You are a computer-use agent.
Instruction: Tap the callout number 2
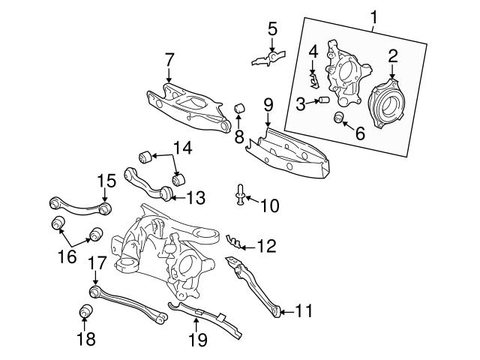pos(391,55)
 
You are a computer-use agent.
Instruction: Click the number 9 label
pos(268,103)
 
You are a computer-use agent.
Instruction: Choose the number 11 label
pos(304,310)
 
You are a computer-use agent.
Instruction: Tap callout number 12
pos(268,244)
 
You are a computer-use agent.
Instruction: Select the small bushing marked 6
pos(339,117)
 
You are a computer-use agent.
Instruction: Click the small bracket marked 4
pos(316,76)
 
